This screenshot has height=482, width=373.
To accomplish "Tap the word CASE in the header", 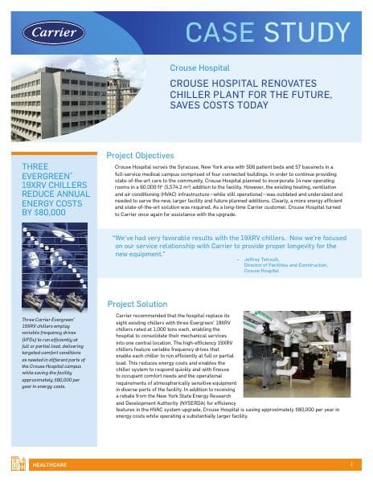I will pos(221,31).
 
